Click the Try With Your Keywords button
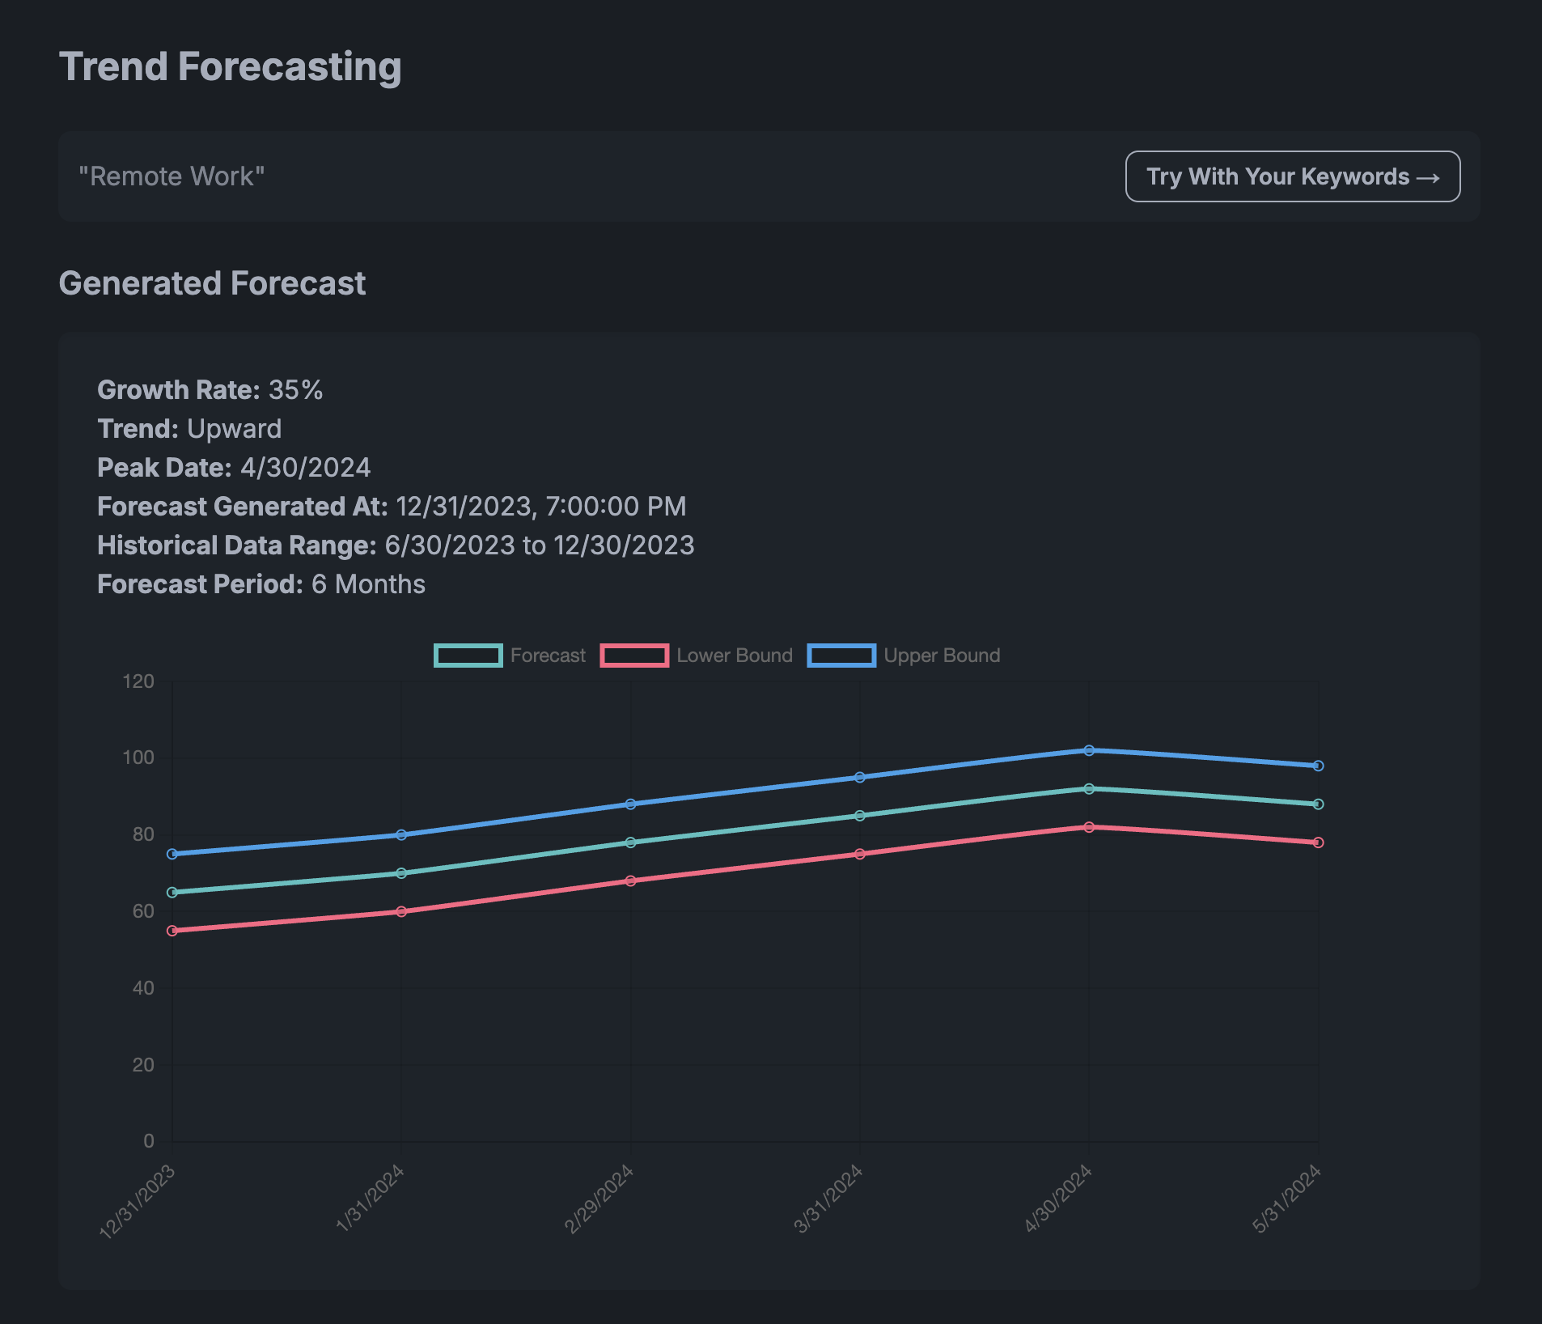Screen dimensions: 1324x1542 1292,176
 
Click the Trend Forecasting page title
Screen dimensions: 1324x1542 230,66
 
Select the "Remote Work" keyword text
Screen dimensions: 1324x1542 172,176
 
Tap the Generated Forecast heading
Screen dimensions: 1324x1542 212,283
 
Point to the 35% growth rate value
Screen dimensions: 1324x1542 295,390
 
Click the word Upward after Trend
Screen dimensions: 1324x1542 234,429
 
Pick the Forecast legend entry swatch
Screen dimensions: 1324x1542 468,656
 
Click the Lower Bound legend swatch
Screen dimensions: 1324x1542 634,656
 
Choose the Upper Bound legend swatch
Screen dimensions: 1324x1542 841,656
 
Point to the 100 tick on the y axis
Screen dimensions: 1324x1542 138,757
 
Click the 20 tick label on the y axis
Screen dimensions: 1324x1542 143,1065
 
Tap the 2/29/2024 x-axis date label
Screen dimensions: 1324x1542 599,1199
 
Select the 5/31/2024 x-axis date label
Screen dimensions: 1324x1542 1286,1199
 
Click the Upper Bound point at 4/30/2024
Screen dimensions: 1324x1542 1089,750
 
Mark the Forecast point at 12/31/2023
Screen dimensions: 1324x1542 172,892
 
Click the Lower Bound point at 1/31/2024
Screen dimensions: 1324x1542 401,911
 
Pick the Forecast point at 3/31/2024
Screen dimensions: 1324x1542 860,816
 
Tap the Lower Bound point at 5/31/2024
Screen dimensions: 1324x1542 1318,842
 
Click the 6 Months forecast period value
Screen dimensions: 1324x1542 368,584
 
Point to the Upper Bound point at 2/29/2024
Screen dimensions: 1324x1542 631,804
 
